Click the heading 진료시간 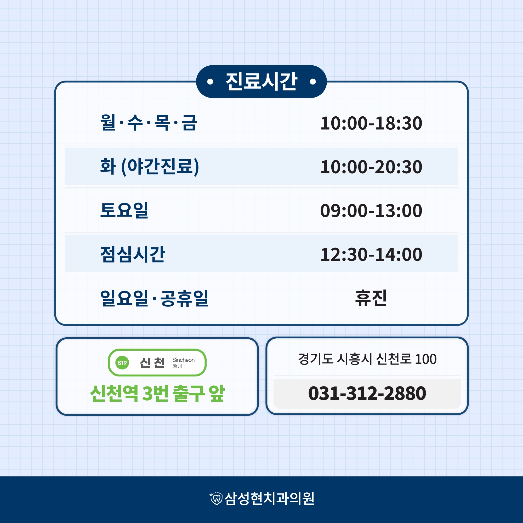[x=261, y=82]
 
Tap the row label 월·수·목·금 [x=149, y=123]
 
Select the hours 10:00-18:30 [x=371, y=123]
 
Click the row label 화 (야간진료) [x=149, y=167]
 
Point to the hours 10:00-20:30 [x=371, y=167]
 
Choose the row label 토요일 [x=124, y=210]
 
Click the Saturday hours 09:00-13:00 [x=371, y=211]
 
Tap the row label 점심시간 [x=133, y=254]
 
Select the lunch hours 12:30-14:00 [x=371, y=255]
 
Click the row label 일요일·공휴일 [x=154, y=298]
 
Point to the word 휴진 [x=371, y=298]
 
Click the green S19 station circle [x=122, y=363]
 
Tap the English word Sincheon [x=184, y=360]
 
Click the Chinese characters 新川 [x=178, y=366]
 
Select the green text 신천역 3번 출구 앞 [x=157, y=393]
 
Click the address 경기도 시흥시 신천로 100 [x=367, y=359]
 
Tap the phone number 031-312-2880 [x=367, y=393]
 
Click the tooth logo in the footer [x=216, y=498]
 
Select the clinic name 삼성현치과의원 [x=269, y=498]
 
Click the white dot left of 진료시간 [x=210, y=82]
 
